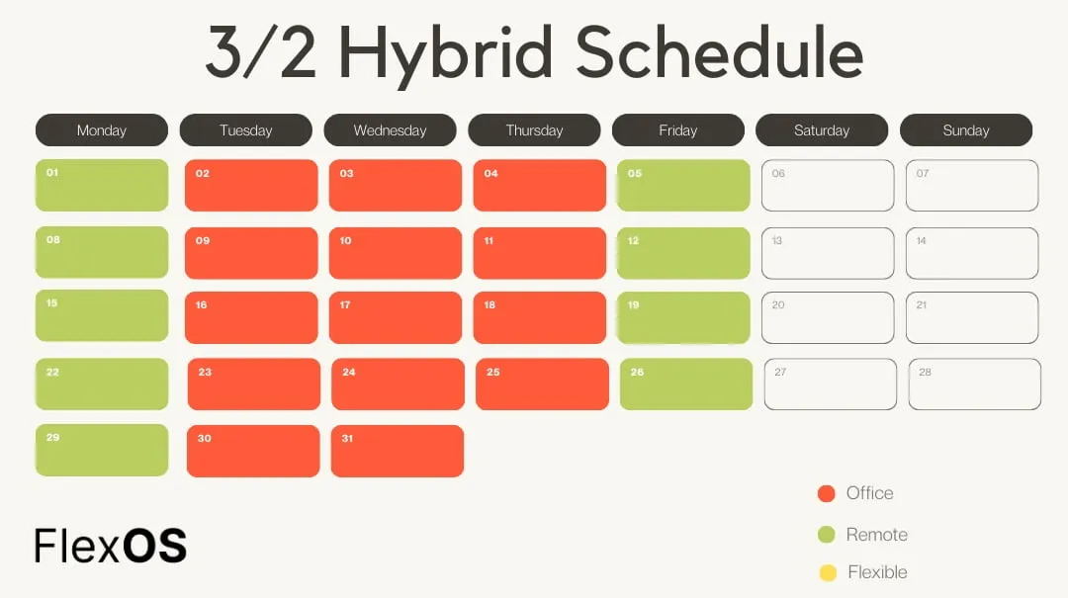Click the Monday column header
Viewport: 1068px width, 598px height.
102,130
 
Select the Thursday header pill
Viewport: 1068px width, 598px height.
534,130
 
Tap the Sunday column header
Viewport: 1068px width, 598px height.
965,130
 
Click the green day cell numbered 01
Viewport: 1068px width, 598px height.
102,186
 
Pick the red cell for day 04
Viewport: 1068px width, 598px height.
539,186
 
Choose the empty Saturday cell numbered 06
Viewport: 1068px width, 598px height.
828,186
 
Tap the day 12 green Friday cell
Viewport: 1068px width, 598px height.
683,253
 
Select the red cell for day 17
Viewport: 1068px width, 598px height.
396,317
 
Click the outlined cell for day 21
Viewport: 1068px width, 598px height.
972,317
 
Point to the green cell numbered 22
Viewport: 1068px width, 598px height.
102,384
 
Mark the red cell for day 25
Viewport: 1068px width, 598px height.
542,384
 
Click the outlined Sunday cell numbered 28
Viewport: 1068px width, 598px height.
975,384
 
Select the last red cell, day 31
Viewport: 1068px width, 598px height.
398,451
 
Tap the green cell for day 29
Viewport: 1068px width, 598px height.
102,451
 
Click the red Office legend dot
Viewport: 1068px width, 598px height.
828,494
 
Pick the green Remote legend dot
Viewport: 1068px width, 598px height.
828,535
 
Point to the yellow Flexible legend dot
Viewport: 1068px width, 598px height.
828,572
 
